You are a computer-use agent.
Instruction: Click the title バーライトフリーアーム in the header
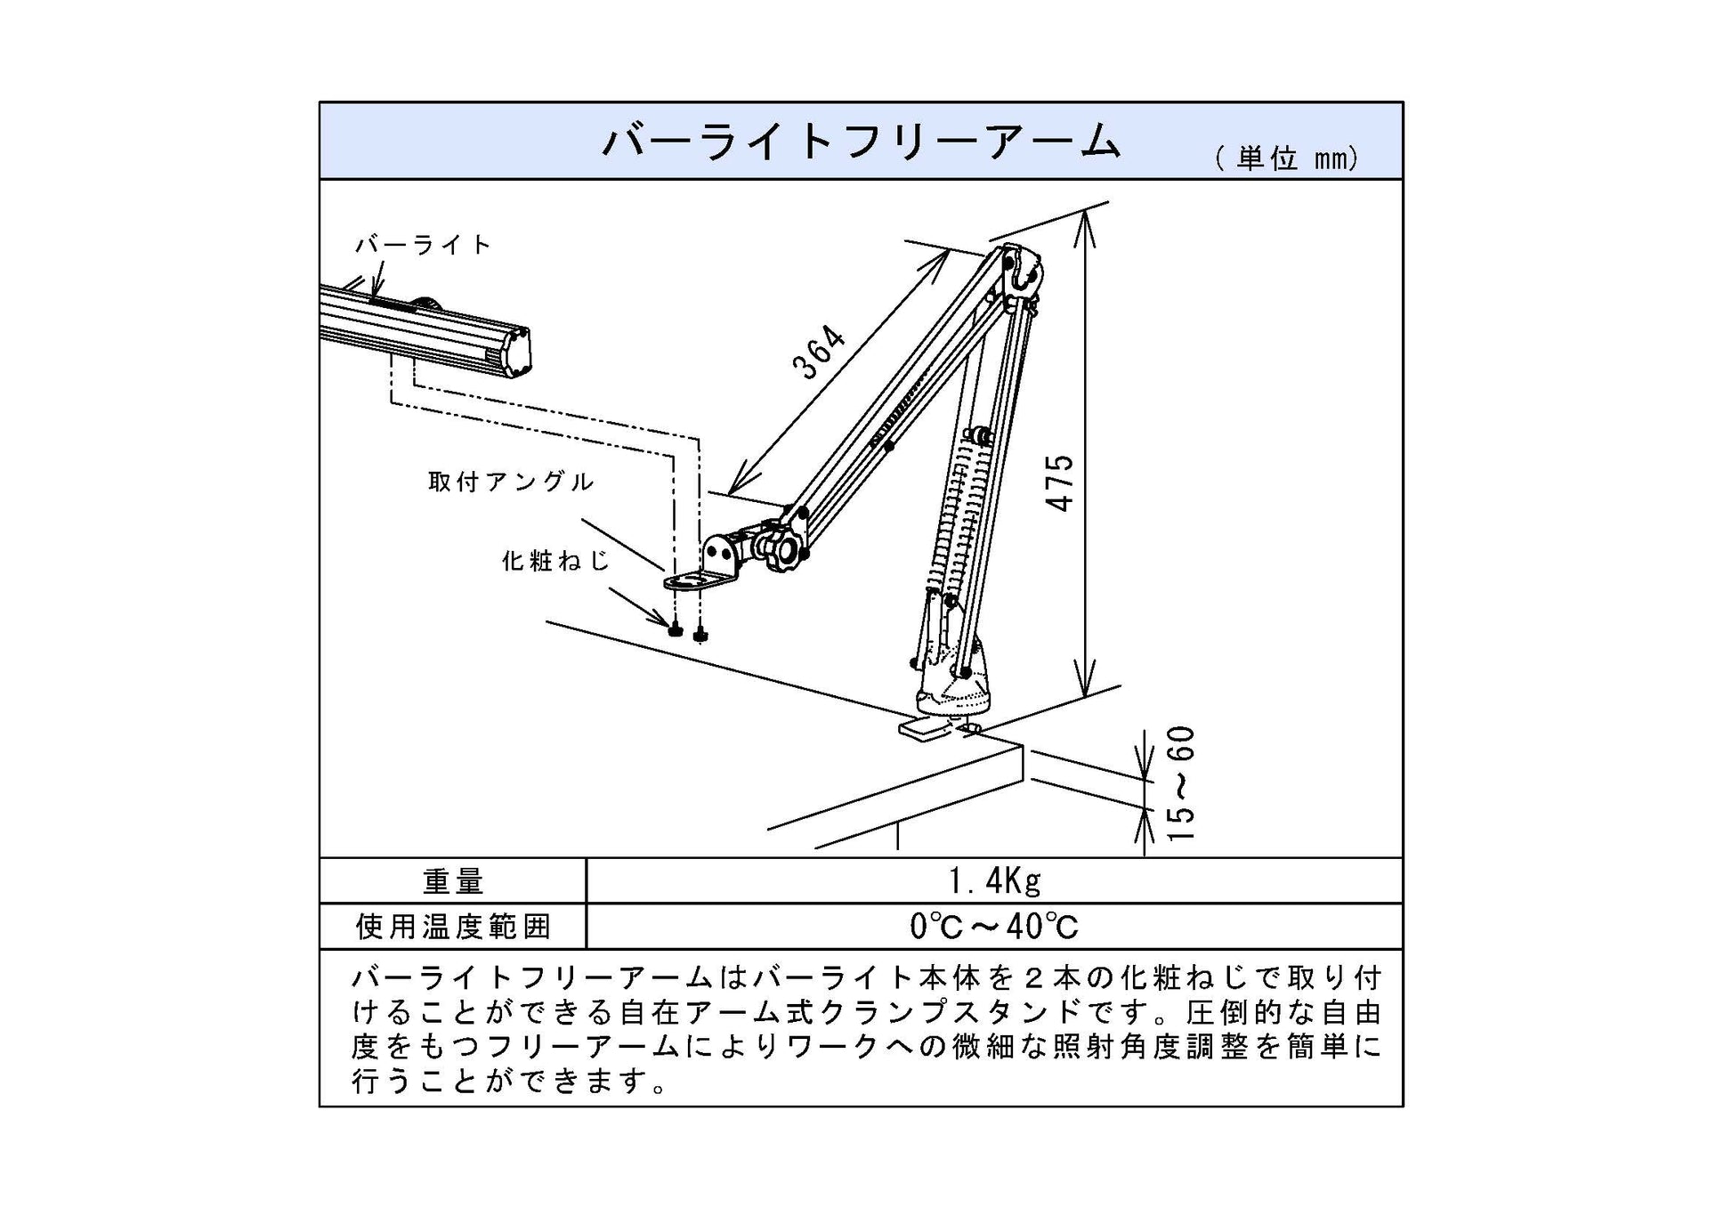tap(861, 142)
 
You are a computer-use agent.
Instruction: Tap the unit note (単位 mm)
tap(1286, 158)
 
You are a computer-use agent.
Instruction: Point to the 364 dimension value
tap(819, 353)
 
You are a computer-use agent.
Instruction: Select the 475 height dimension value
tap(1060, 482)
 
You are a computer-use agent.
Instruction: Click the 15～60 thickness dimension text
tap(1180, 783)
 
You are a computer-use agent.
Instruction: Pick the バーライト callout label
tap(423, 245)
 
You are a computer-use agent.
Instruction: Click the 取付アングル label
tap(510, 482)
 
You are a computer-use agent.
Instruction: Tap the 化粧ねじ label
tap(556, 561)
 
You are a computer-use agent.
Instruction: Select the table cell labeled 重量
tap(453, 881)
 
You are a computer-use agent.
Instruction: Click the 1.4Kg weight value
tap(994, 881)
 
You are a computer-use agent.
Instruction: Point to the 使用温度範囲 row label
tap(453, 927)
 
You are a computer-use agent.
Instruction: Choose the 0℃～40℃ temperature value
tap(994, 927)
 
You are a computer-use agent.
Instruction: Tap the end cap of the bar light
tap(515, 352)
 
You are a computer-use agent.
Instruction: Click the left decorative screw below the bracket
tap(676, 630)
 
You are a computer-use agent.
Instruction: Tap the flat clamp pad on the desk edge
tap(923, 728)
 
